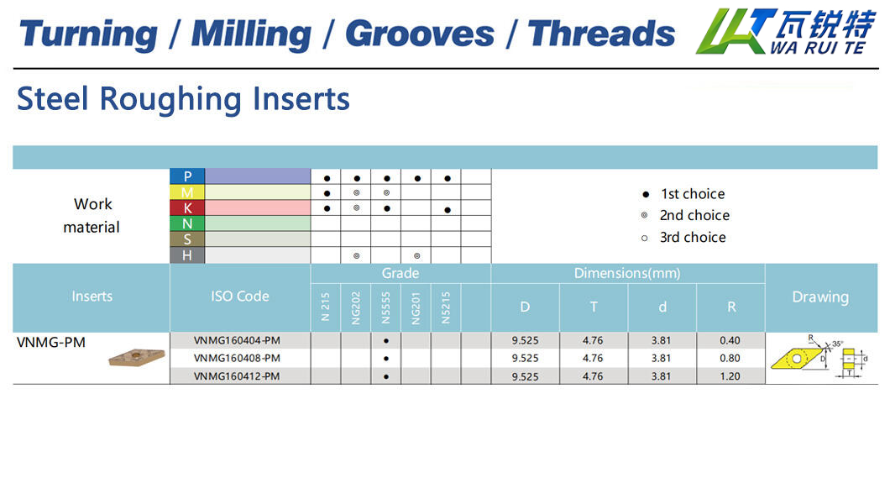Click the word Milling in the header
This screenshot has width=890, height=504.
click(x=251, y=34)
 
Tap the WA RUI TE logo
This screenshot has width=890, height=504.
click(x=786, y=32)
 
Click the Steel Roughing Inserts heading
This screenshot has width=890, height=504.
click(x=183, y=99)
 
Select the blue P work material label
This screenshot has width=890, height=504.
click(x=187, y=176)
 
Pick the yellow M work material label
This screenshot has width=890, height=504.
click(x=187, y=192)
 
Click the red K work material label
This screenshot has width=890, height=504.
click(x=187, y=207)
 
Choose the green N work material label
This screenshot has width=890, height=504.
click(x=187, y=223)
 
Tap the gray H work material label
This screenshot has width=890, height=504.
click(x=187, y=255)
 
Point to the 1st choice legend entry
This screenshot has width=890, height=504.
click(x=683, y=194)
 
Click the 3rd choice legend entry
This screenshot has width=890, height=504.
click(x=683, y=237)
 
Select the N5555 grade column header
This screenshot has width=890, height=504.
click(x=386, y=307)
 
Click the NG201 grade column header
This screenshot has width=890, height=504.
click(x=416, y=307)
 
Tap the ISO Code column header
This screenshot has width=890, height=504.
click(x=240, y=297)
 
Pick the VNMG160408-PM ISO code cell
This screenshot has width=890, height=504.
click(x=238, y=358)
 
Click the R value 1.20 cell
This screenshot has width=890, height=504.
click(x=730, y=376)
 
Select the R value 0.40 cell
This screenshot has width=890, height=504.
click(x=730, y=340)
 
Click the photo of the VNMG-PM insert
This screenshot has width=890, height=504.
click(x=137, y=358)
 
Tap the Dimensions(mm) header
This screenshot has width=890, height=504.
click(x=627, y=274)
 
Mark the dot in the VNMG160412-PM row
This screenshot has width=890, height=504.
click(x=386, y=377)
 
